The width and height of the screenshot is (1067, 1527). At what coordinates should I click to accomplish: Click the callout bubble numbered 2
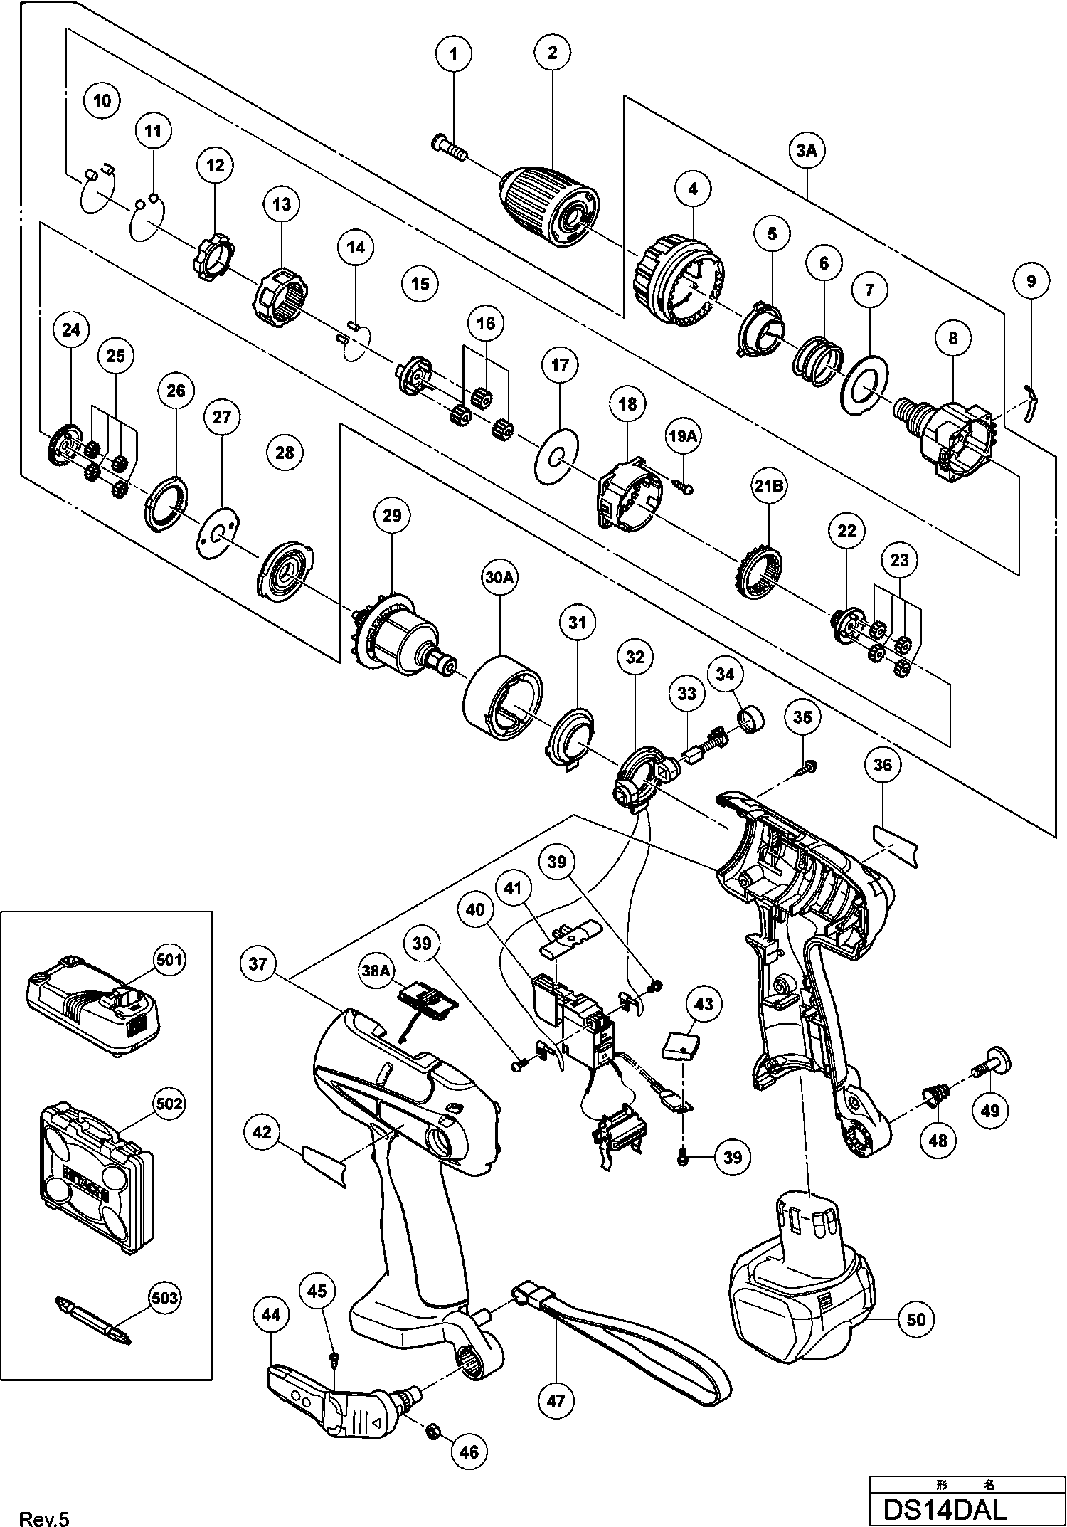[553, 51]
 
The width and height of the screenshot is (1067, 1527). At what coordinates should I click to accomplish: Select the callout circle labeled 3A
[807, 150]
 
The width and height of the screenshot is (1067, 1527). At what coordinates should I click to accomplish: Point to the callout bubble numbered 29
[392, 515]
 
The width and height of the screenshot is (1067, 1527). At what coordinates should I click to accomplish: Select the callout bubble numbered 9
[1031, 281]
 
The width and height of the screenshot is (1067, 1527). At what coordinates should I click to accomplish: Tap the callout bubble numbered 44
[271, 1316]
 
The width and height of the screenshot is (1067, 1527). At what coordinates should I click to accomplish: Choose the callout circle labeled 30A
[499, 579]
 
